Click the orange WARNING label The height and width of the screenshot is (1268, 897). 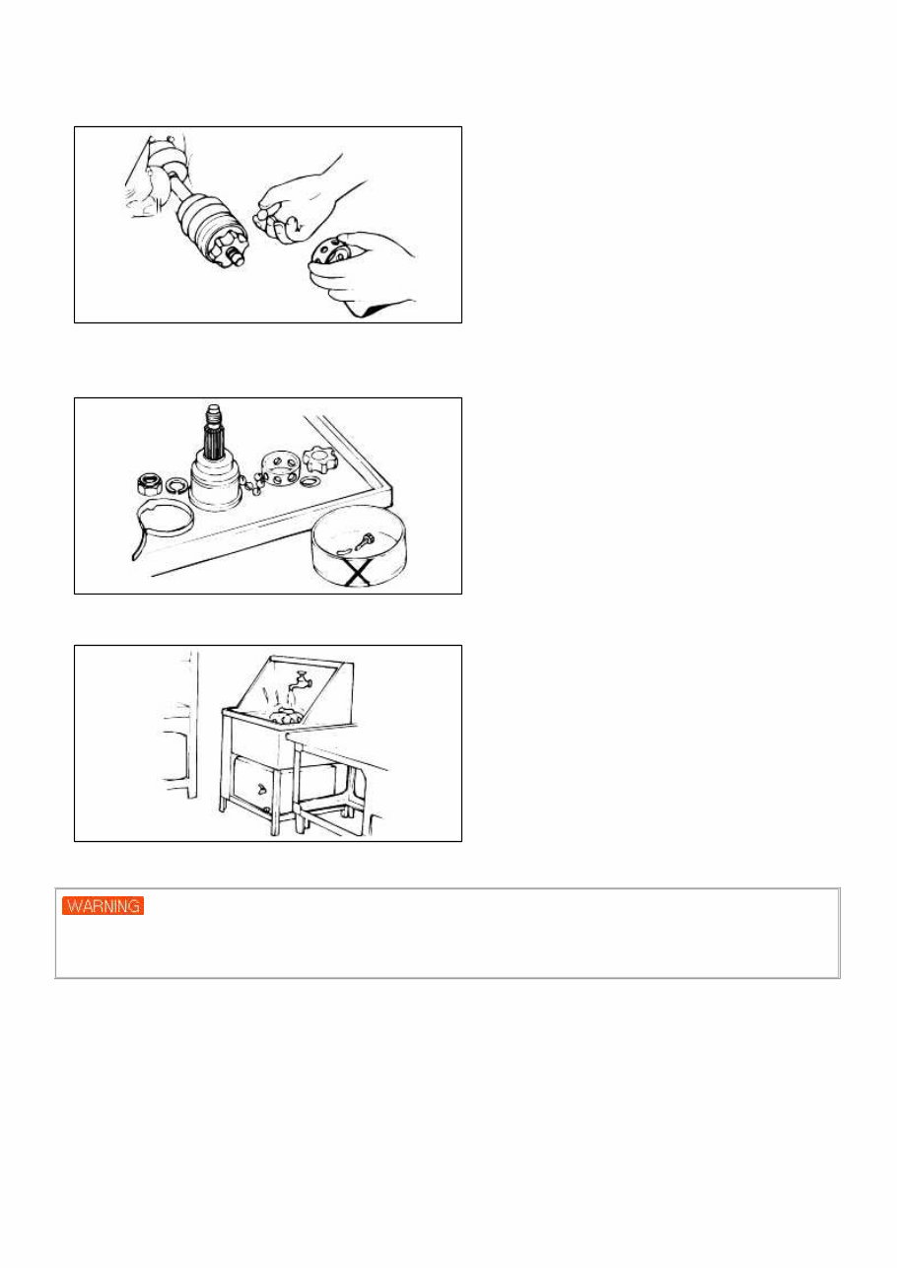point(103,905)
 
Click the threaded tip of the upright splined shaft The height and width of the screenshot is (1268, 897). point(215,413)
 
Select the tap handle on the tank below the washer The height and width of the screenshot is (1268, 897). point(258,788)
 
